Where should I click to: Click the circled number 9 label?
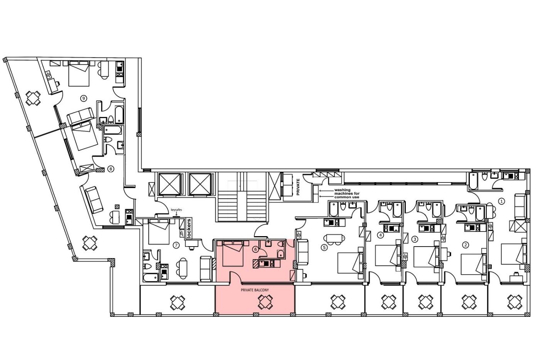click(83, 98)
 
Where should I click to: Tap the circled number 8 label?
click(111, 169)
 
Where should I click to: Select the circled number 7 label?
click(177, 245)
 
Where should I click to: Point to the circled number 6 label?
click(255, 250)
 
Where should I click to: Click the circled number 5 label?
click(324, 247)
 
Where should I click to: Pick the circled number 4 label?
click(381, 235)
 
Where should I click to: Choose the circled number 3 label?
click(415, 240)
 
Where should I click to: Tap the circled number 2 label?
click(465, 245)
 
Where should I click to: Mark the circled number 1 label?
click(502, 201)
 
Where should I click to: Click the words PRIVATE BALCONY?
click(255, 290)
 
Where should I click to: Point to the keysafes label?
click(176, 210)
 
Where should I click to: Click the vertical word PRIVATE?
click(298, 187)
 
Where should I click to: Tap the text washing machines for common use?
click(347, 194)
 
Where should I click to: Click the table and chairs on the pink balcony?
click(265, 302)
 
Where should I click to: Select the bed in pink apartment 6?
click(233, 253)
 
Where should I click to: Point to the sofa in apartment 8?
click(94, 199)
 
